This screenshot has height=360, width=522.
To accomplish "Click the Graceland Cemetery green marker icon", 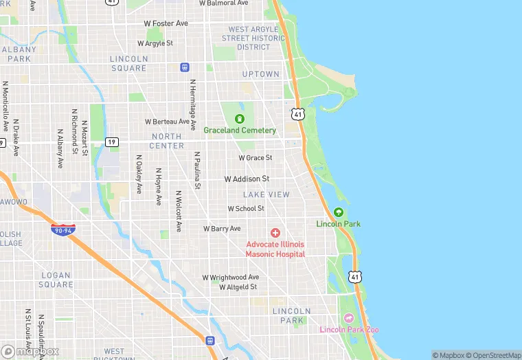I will pos(240,119).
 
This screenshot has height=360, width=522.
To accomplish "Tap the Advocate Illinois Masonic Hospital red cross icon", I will pos(275,234).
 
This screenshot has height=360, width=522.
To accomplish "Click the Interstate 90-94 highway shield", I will pos(63,230).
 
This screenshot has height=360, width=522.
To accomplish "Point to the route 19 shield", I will pos(112,142).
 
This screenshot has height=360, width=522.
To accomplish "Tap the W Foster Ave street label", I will pos(166,23).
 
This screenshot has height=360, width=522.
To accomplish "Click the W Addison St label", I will pos(247,179).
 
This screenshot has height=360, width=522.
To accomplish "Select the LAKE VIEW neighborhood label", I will pos(266,194).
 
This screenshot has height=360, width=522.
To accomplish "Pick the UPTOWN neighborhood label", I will pos(260,74).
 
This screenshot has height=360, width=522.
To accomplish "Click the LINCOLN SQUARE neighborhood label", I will pos(128,63).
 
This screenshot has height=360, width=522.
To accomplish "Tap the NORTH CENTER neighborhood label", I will pos(167,141).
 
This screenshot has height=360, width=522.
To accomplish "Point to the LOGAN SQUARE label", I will pos(56,280).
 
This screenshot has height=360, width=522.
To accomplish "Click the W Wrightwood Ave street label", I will pos(230,277).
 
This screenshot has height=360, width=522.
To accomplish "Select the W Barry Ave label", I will pos(222,228).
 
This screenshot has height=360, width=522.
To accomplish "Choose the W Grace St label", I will pos(256,157).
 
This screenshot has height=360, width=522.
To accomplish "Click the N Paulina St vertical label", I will pos(197,170).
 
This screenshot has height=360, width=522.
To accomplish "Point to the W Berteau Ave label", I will pos(168,122).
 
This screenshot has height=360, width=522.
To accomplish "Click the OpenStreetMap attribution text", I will pos(493,355).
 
